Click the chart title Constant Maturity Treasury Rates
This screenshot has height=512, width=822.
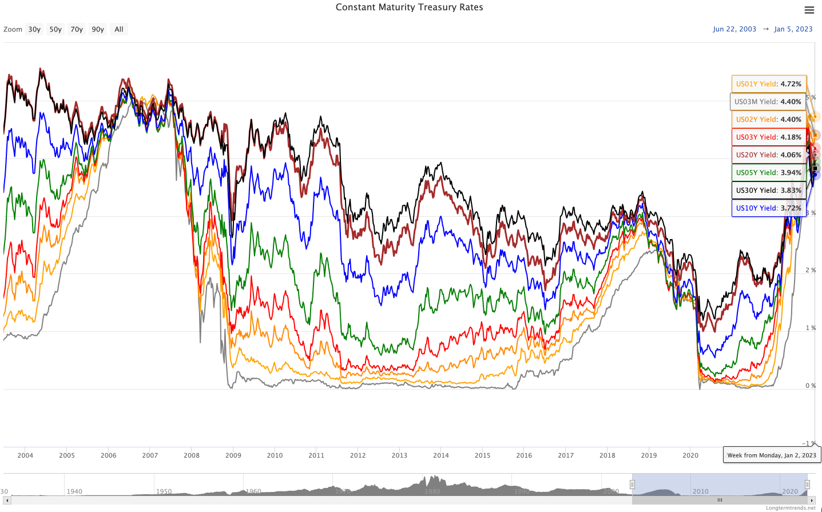point(409,7)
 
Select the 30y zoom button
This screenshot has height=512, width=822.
point(34,29)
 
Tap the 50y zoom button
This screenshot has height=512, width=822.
point(55,29)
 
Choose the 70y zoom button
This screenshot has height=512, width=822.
point(77,29)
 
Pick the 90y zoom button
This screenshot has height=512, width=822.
point(98,29)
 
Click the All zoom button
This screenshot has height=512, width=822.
point(119,29)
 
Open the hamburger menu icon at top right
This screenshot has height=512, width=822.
point(809,10)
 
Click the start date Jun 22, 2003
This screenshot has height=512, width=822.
point(734,29)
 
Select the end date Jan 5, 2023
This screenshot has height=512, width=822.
point(793,29)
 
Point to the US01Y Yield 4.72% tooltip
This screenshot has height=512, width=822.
point(769,84)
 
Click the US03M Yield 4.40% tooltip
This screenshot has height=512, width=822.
point(768,102)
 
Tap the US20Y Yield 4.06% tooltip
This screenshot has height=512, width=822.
point(769,155)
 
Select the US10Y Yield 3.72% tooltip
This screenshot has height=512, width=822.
point(769,208)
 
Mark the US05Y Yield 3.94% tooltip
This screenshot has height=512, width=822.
point(769,173)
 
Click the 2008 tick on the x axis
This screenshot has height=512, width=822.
point(192,455)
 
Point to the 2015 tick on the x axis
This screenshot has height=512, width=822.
point(482,455)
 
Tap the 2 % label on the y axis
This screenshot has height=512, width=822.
point(811,270)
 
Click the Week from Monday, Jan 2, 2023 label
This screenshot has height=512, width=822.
point(772,455)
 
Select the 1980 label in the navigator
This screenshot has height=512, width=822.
point(432,491)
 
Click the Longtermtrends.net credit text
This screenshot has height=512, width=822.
point(791,508)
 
